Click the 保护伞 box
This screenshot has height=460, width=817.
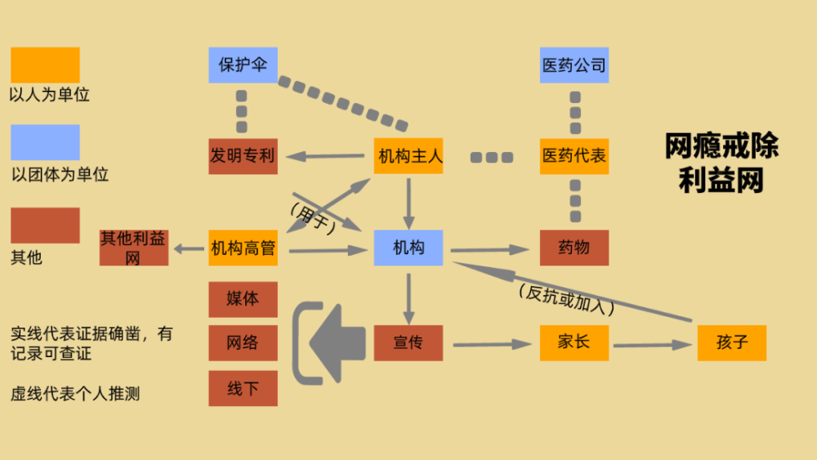[243, 65]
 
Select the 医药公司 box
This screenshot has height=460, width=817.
[574, 65]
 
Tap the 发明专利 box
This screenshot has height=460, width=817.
[243, 156]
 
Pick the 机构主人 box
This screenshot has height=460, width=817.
[408, 156]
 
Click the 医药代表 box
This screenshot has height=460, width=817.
[574, 156]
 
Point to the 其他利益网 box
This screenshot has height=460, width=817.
[134, 248]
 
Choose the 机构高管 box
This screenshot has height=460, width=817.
[243, 248]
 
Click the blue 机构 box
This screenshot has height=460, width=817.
[408, 248]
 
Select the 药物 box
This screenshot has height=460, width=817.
[574, 248]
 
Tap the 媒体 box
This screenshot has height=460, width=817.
[243, 300]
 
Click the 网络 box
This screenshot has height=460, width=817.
[243, 343]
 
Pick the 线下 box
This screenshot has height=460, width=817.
[243, 389]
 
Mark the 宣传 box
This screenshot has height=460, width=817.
[408, 343]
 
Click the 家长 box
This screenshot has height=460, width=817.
[574, 343]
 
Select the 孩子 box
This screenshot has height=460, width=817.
[732, 343]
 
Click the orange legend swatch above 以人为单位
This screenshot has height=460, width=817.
[45, 65]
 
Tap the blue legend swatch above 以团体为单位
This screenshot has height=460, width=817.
[45, 142]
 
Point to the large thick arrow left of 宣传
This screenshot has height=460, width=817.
[337, 343]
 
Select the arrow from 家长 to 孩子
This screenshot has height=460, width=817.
[653, 345]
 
